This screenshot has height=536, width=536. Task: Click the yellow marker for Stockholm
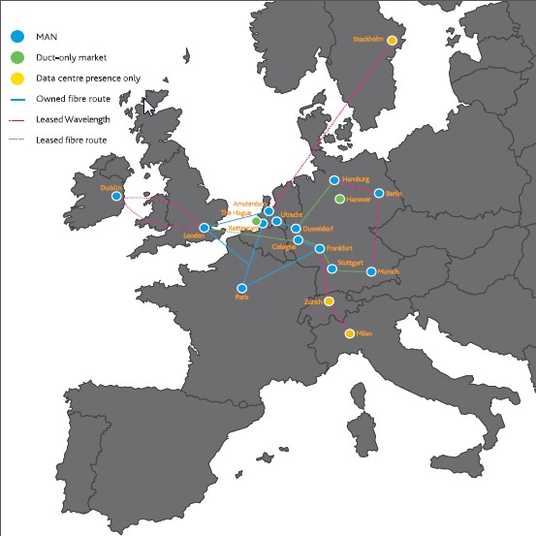point(393,40)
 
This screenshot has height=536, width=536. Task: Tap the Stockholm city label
point(369,40)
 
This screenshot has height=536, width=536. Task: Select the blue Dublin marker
point(116,196)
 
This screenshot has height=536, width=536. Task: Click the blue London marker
point(204,228)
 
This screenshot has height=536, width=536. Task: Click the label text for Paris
point(241,298)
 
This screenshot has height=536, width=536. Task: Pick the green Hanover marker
point(339,199)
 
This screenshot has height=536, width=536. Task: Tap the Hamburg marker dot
point(333,180)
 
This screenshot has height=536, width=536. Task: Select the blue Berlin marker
point(379,193)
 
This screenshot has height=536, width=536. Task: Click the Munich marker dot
point(371,272)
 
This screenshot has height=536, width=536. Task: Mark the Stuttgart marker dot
point(331,268)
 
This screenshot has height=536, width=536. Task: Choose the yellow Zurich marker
point(330,301)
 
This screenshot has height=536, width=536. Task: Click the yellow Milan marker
point(349,333)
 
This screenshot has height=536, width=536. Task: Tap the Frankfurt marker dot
point(320,249)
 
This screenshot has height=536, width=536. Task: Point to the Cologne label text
point(283,246)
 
